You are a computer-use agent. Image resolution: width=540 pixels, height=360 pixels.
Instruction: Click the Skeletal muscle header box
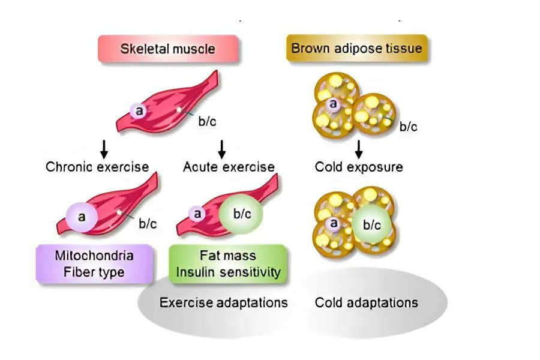[168, 49]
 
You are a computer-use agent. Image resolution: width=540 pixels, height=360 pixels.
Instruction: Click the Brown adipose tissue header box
[356, 49]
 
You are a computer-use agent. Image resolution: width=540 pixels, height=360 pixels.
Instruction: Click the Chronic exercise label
[97, 166]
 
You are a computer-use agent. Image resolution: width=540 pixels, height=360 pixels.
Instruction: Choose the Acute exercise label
[229, 166]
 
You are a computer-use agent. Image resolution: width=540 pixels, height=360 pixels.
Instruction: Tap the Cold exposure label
[359, 166]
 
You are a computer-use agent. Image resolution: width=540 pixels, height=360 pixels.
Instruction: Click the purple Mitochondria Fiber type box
[94, 263]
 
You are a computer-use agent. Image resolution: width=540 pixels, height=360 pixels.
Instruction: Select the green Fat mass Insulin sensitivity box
[228, 263]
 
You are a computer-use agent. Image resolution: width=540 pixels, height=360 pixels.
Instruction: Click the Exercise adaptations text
[223, 302]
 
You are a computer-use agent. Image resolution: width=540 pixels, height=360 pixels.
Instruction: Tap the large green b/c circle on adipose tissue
[372, 225]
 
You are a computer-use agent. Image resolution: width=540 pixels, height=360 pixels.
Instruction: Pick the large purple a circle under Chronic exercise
[82, 215]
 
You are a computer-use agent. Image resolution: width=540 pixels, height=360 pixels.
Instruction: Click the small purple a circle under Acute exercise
[197, 214]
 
